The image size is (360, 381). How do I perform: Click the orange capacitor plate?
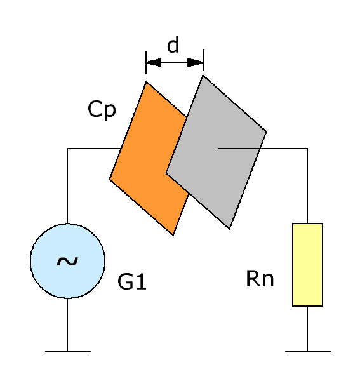tap(146, 158)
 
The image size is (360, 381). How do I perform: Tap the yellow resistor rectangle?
tap(307, 265)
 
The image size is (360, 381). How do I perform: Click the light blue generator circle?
tap(67, 261)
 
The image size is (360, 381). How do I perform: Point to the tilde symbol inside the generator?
tap(67, 261)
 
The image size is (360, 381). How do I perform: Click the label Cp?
tap(102, 110)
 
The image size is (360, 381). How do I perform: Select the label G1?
tap(132, 281)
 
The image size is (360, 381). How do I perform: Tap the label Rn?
tap(260, 279)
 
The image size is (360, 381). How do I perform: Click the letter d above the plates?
tap(173, 44)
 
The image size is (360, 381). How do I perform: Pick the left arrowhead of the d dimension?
tap(154, 62)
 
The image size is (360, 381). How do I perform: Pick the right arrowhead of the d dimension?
tap(196, 62)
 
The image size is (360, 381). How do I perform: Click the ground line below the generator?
tap(68, 351)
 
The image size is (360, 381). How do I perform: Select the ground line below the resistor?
tap(308, 351)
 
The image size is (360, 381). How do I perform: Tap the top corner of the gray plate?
tap(203, 76)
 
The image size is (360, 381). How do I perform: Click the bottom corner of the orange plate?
tap(173, 235)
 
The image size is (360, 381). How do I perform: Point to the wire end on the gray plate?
tap(218, 148)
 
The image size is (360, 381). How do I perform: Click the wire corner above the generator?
tap(67, 148)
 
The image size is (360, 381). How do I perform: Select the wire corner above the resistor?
tap(307, 148)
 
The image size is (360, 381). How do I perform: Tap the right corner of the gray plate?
tap(267, 132)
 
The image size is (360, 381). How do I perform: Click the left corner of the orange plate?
tap(109, 179)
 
